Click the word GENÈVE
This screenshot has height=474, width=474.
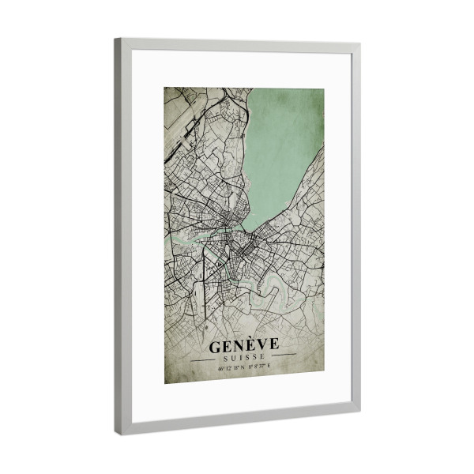coord(243,346)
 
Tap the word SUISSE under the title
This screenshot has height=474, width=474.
coord(244,358)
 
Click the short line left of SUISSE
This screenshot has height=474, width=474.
coord(207,357)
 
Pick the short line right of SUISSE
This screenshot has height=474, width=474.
coord(282,356)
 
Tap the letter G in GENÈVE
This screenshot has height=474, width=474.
coord(216,346)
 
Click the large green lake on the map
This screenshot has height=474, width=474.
coord(284,142)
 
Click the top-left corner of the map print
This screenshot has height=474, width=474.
coord(165,88)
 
